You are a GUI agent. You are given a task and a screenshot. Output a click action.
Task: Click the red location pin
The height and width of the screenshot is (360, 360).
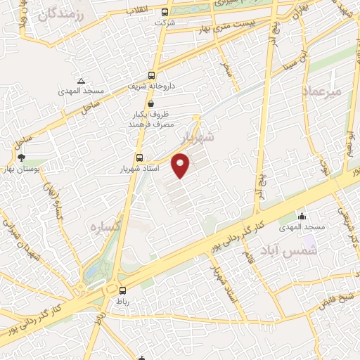(181, 166)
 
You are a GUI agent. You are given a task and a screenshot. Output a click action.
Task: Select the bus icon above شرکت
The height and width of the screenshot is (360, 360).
(165, 12)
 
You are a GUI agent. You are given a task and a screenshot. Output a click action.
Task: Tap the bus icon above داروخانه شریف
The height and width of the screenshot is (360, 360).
(151, 76)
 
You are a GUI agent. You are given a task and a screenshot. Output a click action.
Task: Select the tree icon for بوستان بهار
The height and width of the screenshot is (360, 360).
(22, 157)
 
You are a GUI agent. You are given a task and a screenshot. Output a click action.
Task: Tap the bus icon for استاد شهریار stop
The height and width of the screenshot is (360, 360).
(139, 158)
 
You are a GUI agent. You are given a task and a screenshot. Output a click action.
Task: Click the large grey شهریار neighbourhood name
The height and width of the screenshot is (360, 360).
(196, 134)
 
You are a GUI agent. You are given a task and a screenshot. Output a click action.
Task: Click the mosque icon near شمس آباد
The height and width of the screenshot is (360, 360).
(302, 216)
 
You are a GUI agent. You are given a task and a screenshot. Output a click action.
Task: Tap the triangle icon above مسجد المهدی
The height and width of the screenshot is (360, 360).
(81, 81)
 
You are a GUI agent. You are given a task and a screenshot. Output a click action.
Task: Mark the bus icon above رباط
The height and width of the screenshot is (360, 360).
(123, 290)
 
